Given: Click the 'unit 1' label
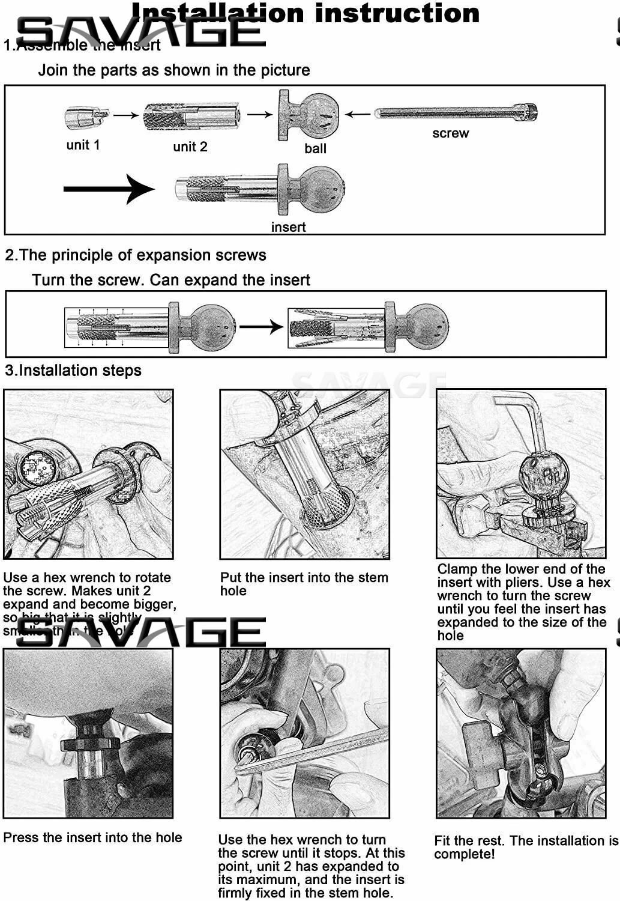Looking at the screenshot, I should [83, 145].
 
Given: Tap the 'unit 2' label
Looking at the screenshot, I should [190, 147].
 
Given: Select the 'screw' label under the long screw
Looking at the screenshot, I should [450, 133].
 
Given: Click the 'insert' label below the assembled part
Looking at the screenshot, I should [288, 227].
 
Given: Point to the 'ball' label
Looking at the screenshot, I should [315, 148].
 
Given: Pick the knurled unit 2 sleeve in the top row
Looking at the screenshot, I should [191, 116].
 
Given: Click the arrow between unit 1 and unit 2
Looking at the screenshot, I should [125, 115].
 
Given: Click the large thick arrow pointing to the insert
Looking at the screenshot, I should [108, 189].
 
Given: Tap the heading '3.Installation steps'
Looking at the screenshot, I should [73, 370].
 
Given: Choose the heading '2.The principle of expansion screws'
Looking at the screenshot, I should [136, 255].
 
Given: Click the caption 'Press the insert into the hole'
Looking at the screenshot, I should [92, 837].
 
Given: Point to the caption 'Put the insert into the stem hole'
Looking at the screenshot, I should [304, 584].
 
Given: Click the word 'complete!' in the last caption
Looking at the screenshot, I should [465, 854].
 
